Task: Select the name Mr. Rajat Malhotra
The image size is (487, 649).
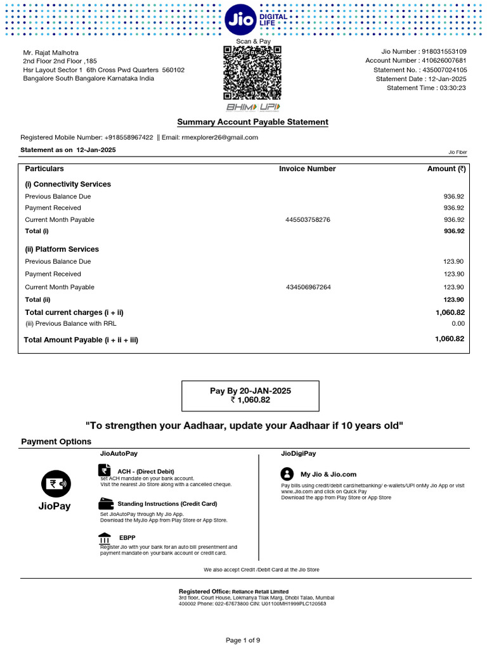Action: [51, 52]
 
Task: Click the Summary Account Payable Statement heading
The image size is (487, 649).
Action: [252, 122]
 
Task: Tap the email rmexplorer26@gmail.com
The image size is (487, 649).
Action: [219, 138]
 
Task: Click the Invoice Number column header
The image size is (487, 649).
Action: [307, 169]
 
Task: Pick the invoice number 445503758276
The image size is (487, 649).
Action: [308, 220]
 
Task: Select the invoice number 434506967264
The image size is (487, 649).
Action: [308, 287]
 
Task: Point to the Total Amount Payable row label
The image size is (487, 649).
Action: [81, 340]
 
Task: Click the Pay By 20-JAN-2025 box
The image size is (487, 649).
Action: [250, 395]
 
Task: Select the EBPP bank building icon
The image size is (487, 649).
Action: [105, 537]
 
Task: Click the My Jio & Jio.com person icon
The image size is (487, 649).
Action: [287, 473]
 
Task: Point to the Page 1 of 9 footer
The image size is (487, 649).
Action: [243, 640]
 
